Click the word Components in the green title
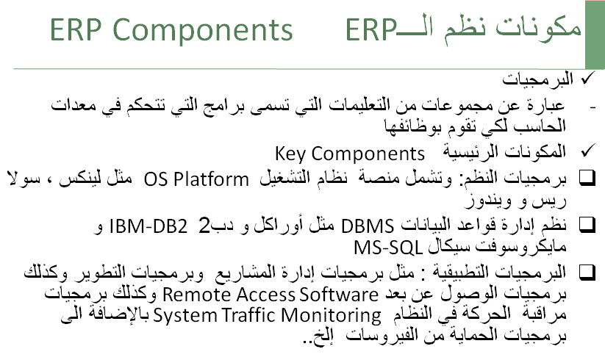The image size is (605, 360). pos(203,30)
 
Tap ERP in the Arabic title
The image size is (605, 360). pos(370,29)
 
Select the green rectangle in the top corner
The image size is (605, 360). pos(595,35)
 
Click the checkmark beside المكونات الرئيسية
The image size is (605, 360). pos(588,151)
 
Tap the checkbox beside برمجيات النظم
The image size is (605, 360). pos(587,179)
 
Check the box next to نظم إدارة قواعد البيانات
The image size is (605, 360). pos(587,225)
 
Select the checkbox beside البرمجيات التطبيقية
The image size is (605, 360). pos(587,273)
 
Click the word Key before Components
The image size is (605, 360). pos(290,154)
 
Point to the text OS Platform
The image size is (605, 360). pos(196,179)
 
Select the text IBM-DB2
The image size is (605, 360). pos(148,226)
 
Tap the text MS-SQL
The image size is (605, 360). pos(388,248)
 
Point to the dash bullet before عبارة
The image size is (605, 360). pos(593,107)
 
